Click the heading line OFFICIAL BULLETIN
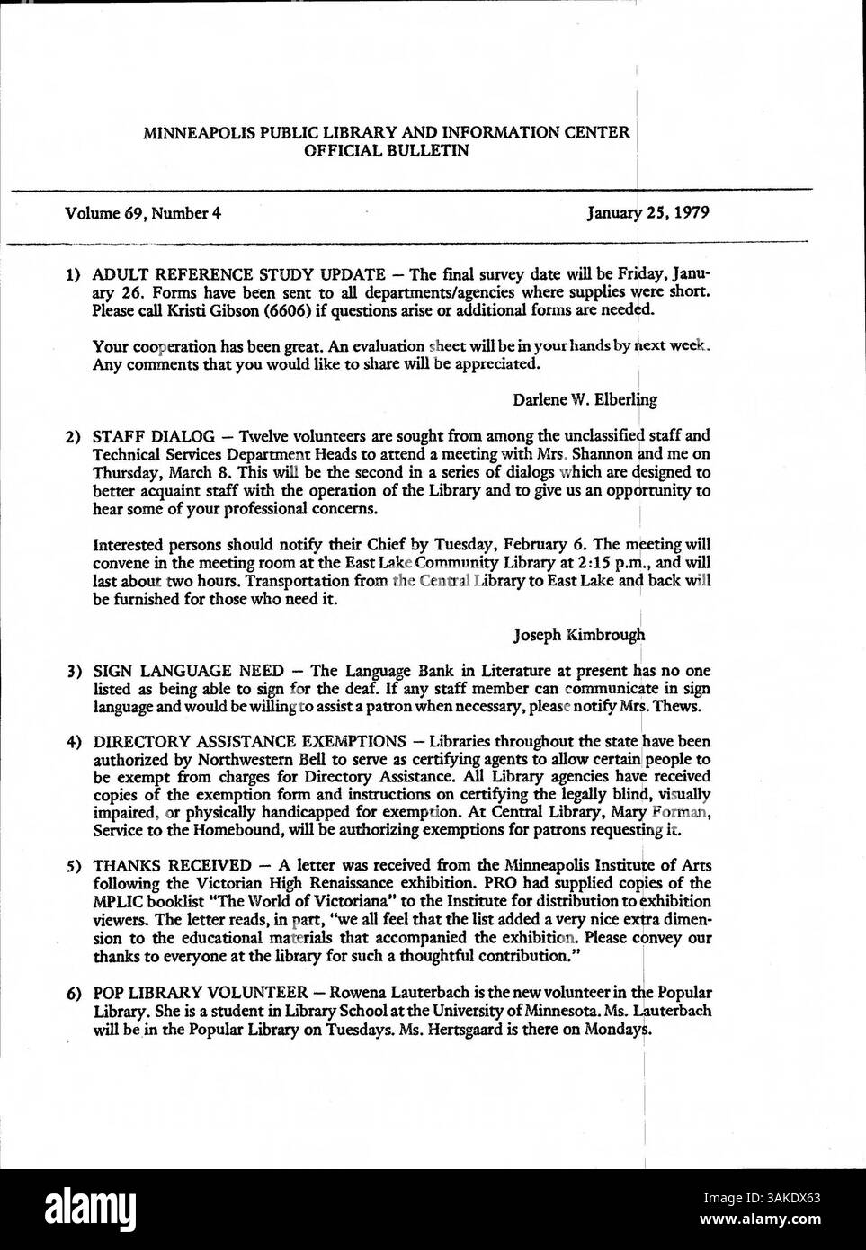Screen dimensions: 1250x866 pos(387,151)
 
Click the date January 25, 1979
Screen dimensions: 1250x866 pos(648,214)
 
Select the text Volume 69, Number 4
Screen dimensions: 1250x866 pos(143,214)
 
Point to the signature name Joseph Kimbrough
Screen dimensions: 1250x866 pos(579,636)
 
